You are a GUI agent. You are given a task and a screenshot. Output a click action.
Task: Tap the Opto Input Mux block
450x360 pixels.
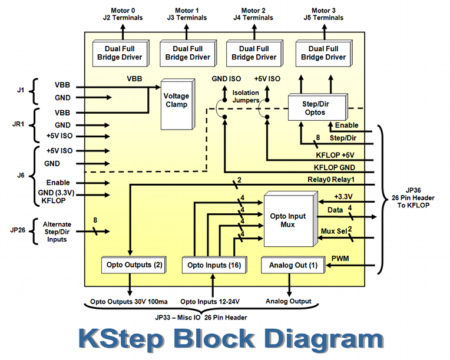pos(288,220)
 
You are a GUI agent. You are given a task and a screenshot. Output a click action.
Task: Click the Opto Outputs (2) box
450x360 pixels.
pos(134,265)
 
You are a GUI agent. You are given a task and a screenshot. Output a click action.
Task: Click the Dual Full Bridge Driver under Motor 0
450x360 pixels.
pos(120,53)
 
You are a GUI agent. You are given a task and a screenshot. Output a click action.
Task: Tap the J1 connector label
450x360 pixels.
pos(21,90)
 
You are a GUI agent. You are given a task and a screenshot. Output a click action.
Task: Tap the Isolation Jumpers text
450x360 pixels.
pos(245,96)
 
